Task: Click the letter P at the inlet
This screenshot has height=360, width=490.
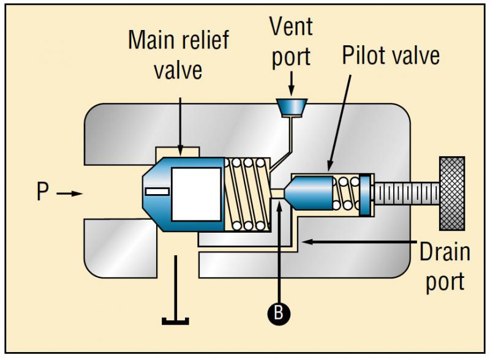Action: coord(42,193)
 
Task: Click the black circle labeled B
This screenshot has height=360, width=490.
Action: coord(279,313)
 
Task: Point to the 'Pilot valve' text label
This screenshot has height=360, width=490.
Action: coord(391,56)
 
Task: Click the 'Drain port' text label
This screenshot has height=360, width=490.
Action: coord(443,266)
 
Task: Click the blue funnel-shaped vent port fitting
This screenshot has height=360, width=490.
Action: coord(292,108)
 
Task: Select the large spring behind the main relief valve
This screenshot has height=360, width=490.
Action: coord(247,194)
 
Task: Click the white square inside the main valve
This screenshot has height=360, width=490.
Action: coord(195,194)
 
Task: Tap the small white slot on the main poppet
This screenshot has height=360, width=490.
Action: coord(157,192)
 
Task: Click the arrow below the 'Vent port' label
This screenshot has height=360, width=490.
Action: coord(292,80)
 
